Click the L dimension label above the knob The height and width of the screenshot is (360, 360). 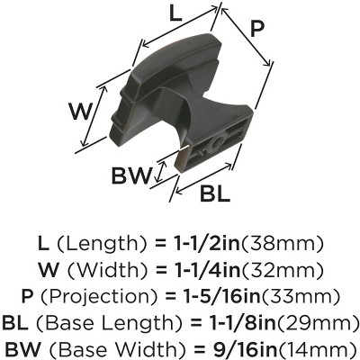tap(175, 14)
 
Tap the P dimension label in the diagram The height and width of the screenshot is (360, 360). tap(256, 30)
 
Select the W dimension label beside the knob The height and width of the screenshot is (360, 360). tap(80, 111)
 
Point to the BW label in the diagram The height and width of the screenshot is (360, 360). tap(130, 176)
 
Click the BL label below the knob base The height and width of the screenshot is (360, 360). tap(215, 194)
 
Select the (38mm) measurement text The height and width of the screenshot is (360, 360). tap(283, 245)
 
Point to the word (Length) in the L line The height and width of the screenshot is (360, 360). tap(101, 245)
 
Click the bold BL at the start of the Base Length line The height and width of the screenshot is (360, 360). tap(15, 323)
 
